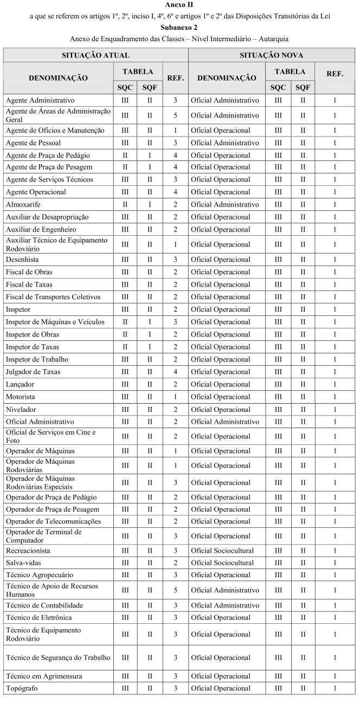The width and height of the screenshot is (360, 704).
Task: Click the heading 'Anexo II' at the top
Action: click(x=179, y=5)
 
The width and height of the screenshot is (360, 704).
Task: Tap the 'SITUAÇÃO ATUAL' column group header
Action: click(x=95, y=55)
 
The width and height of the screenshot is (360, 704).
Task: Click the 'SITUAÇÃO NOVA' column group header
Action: click(x=272, y=55)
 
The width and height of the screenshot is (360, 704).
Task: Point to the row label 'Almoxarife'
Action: click(x=23, y=205)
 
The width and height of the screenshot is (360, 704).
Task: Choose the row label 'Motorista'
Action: click(x=21, y=397)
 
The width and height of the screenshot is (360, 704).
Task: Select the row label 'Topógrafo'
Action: click(x=22, y=688)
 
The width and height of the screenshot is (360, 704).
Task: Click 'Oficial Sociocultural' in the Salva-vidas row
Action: click(x=222, y=563)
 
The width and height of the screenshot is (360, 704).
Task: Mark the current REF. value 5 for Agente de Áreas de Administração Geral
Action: click(x=175, y=115)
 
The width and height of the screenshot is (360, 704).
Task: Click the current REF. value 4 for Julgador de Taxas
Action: click(x=175, y=372)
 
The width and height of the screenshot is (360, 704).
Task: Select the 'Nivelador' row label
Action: click(x=21, y=409)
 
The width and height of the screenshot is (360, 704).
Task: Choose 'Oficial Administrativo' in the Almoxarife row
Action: click(x=225, y=205)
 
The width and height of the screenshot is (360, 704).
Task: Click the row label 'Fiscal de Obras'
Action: click(x=29, y=272)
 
